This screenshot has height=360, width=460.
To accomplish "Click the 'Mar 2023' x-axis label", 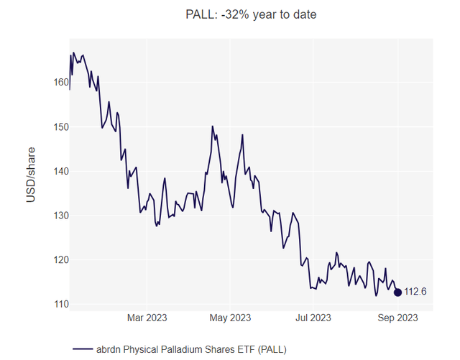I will [147, 317].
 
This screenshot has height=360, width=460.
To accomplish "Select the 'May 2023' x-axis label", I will [231, 317].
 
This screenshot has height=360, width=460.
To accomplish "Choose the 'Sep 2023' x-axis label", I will [397, 317].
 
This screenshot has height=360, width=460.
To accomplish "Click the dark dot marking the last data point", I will [397, 292].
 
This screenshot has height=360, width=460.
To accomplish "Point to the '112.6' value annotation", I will [416, 292].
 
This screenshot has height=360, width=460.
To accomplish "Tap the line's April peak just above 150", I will [213, 126].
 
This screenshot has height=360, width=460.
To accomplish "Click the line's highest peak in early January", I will [73, 52].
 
